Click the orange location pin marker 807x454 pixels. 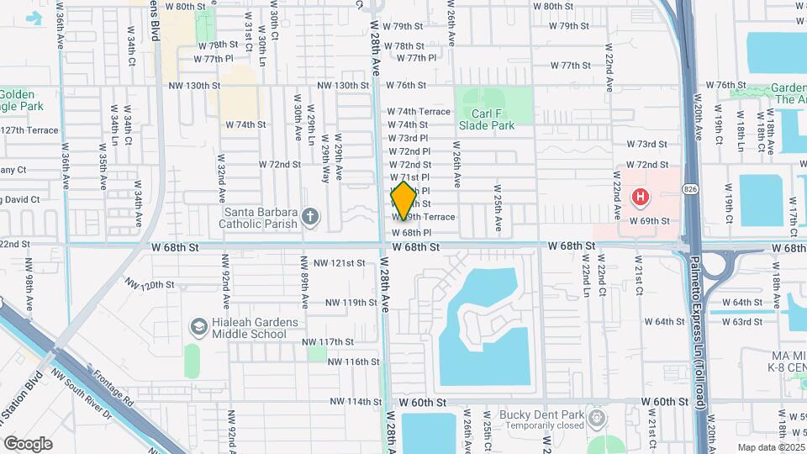point(403,200)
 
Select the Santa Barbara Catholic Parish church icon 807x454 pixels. point(310,218)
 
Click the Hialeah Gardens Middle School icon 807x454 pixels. point(199,325)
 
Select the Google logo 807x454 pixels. point(28,443)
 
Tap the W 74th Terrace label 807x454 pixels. point(419,111)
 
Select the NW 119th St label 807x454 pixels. point(351,302)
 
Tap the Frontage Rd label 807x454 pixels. point(113,388)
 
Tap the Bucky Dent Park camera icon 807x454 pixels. point(597,418)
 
